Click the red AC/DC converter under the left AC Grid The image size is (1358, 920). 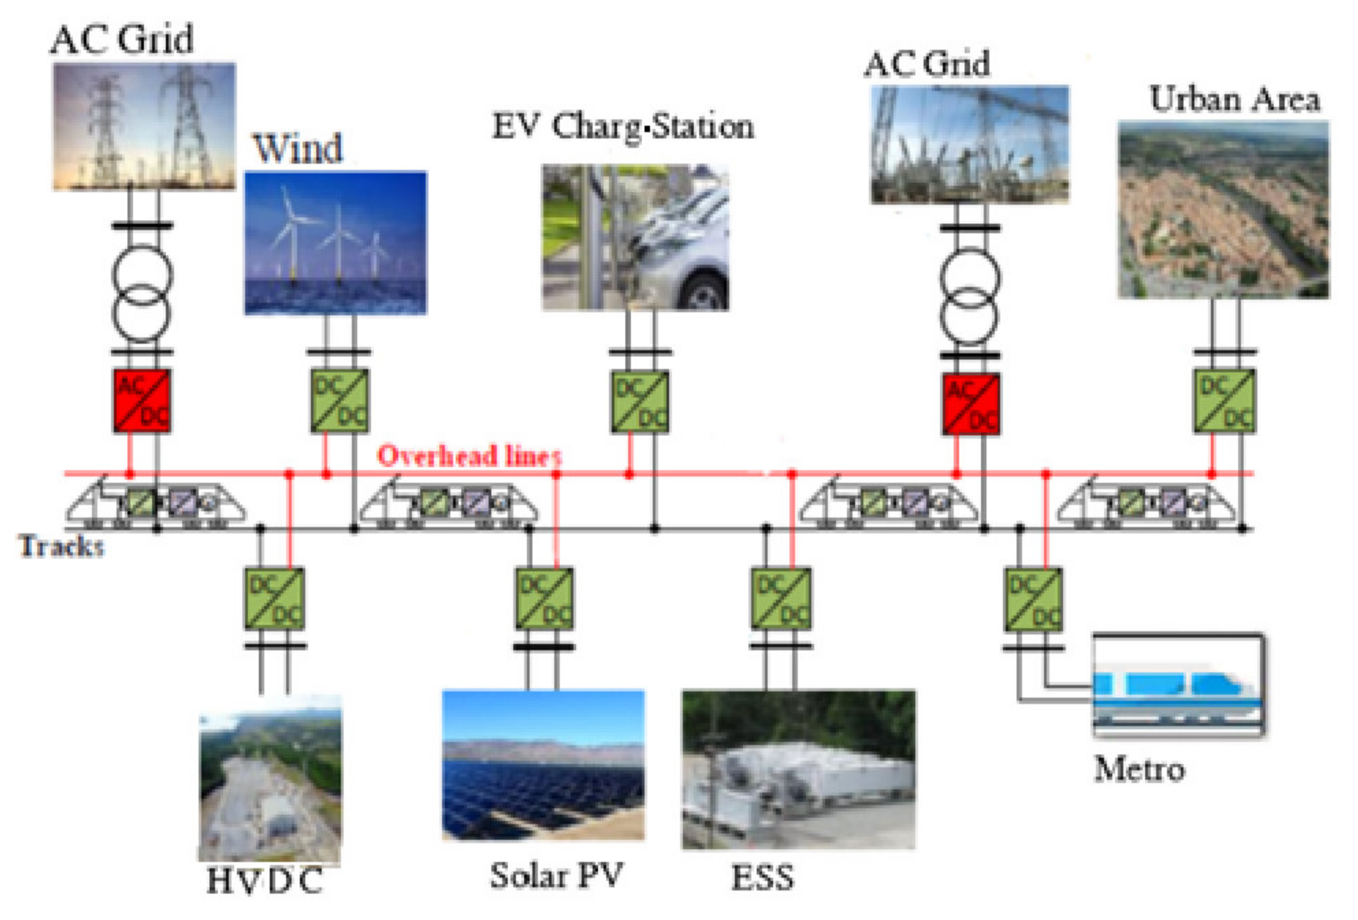pos(142,401)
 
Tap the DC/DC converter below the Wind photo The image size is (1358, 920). pos(339,401)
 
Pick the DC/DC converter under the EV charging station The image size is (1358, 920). pos(640,402)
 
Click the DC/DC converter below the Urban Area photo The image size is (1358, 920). pos(1223,401)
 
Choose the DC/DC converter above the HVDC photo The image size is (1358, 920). pos(274,599)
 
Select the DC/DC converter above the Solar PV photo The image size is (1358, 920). pos(544,599)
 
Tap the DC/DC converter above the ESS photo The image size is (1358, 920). pos(781,599)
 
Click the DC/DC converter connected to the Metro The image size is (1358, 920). pos(1033,600)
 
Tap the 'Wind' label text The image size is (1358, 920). pos(297,148)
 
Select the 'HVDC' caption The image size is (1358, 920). pos(264,881)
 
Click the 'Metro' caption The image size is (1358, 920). pos(1139,769)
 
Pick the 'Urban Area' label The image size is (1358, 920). pos(1234,99)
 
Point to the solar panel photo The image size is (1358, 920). pos(543,765)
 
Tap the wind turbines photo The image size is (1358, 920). pos(336,242)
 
